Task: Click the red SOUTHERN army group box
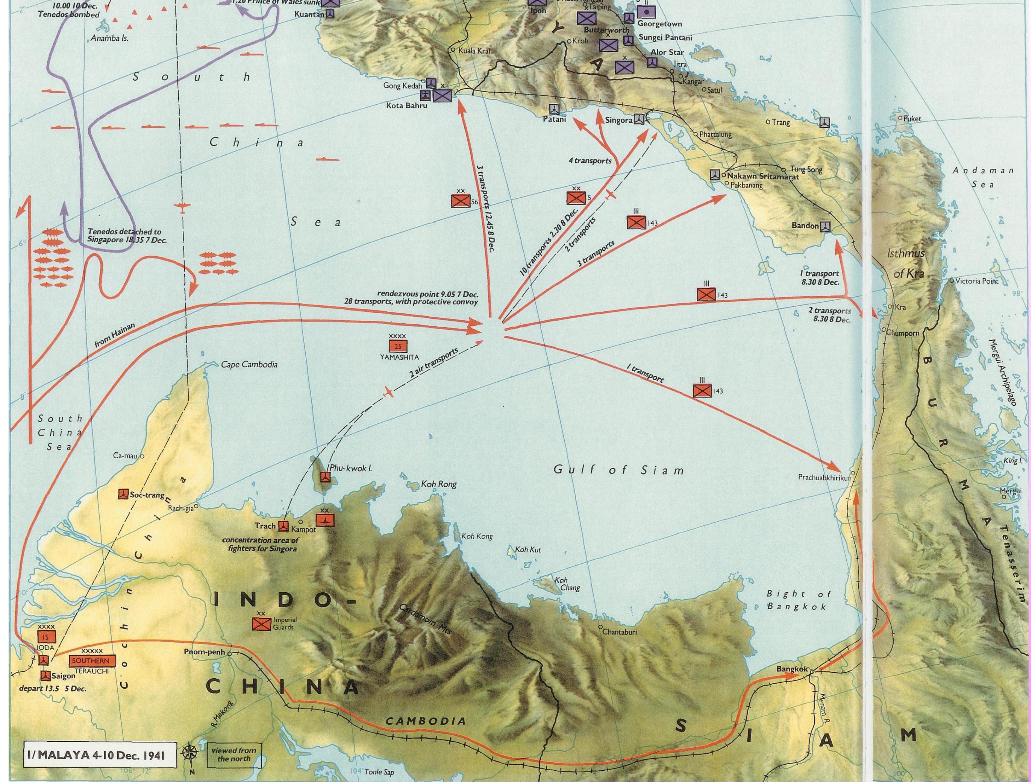(90, 661)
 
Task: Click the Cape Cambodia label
(249, 364)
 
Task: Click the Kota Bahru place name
(406, 106)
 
